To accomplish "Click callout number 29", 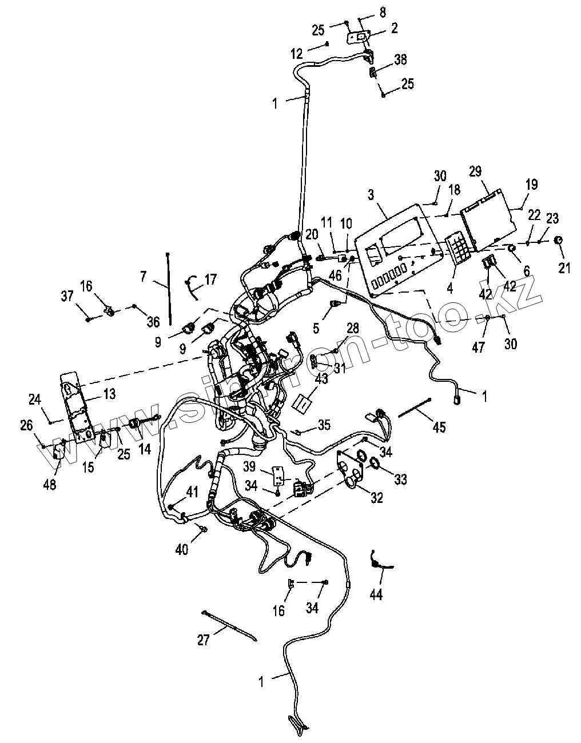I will point(475,171).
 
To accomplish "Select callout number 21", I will point(564,267).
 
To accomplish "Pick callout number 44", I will point(375,594).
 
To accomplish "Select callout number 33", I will point(400,479).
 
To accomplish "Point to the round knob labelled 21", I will point(560,241).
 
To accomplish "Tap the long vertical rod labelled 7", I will point(169,289).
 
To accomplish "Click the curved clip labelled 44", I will point(375,561).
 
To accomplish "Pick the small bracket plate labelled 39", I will point(278,474).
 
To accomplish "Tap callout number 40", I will point(182,550).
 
